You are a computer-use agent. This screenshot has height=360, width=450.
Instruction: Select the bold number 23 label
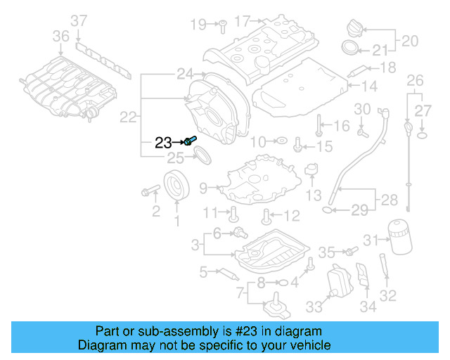tap(163, 143)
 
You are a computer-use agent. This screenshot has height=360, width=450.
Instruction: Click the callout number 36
tap(61, 36)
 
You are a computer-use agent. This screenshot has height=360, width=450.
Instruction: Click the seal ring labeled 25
tap(202, 154)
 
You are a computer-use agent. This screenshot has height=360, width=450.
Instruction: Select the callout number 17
tap(243, 22)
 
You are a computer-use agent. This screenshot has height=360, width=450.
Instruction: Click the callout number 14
tap(371, 86)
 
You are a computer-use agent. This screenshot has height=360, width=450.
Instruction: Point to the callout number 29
tap(359, 209)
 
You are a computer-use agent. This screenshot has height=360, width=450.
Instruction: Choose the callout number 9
tap(203, 188)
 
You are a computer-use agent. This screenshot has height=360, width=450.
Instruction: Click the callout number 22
tap(128, 118)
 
